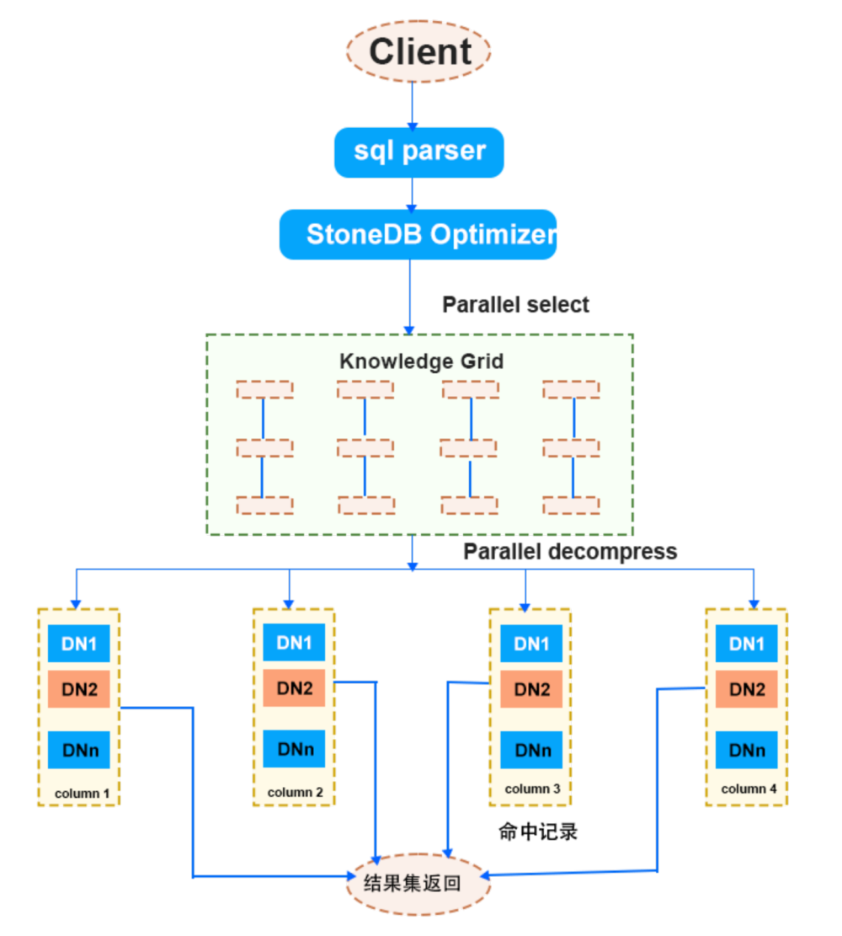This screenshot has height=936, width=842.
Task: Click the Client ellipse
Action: [418, 51]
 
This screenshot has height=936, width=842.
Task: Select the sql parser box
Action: [418, 152]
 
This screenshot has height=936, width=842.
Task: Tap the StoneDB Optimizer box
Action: [418, 233]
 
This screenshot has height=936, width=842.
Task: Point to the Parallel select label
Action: [515, 304]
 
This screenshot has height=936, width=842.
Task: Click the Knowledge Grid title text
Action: [421, 361]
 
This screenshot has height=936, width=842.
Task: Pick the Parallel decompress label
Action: [570, 552]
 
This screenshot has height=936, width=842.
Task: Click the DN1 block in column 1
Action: [79, 645]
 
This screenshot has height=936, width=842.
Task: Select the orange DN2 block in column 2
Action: [295, 688]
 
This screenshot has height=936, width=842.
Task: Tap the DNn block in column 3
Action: [532, 750]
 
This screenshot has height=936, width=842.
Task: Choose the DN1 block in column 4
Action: [747, 645]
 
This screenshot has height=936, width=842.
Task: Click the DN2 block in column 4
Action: [747, 689]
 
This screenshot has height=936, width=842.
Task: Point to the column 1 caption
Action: [82, 793]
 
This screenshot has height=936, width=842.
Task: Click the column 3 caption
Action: [532, 789]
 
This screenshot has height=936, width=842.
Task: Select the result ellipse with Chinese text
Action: [418, 884]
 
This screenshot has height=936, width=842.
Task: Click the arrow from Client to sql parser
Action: [412, 104]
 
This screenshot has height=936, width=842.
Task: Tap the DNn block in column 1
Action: [79, 750]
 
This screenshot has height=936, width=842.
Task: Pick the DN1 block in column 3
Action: [532, 645]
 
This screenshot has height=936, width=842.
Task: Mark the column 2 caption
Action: [295, 792]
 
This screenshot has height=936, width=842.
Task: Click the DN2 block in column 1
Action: [79, 689]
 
